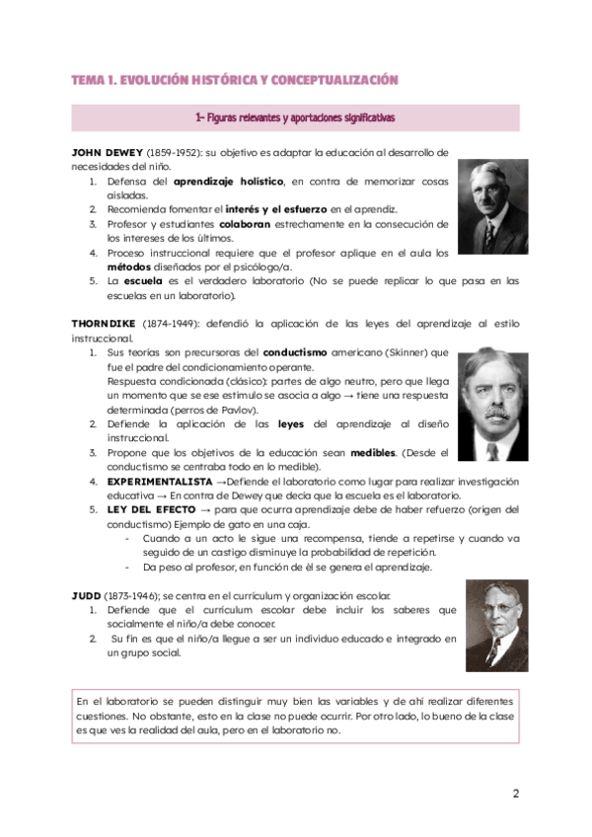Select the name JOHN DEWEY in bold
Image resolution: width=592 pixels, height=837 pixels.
[x=108, y=153]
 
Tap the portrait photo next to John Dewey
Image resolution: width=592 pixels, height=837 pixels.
[x=492, y=193]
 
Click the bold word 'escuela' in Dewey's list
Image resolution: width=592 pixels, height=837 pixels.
[x=143, y=280]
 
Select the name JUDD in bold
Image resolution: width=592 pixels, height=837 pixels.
[x=86, y=596]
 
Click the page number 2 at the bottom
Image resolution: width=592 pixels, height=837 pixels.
[x=515, y=793]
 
